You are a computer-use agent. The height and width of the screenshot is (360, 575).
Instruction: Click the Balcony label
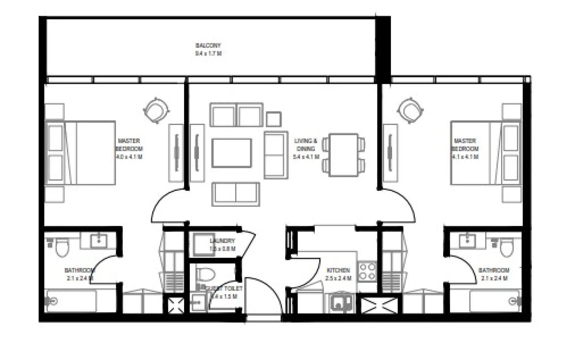tap(208, 45)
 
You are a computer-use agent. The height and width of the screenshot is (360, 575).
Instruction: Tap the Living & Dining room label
tap(306, 145)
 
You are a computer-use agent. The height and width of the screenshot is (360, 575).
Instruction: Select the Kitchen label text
tap(338, 270)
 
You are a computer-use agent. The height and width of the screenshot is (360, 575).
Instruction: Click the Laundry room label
tap(222, 241)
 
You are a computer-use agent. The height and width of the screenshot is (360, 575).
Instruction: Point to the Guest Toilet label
tap(226, 289)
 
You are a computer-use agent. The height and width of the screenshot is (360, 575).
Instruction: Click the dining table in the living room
tap(343, 154)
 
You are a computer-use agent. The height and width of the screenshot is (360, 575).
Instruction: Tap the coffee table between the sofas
tap(232, 153)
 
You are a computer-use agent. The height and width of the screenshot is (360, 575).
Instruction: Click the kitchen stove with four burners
tap(368, 271)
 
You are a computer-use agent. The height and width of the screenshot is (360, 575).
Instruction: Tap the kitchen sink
tap(341, 303)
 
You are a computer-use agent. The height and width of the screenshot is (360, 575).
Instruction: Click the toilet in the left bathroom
tap(61, 248)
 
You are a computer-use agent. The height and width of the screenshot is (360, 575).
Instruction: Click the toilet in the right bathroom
tap(507, 248)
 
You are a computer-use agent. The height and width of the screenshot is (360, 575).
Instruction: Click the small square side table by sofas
tap(273, 119)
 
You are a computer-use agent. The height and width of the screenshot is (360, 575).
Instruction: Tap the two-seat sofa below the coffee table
tap(235, 194)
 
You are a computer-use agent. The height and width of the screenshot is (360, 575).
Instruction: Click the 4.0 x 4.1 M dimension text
tap(129, 157)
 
